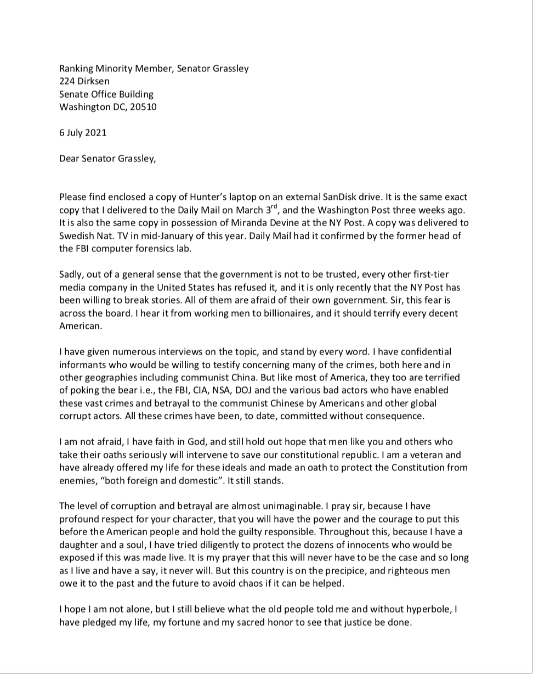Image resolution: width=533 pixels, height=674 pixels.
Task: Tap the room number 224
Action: (x=67, y=81)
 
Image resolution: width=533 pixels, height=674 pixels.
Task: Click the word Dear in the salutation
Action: (x=69, y=159)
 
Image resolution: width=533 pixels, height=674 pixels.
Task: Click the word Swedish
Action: (x=77, y=235)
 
